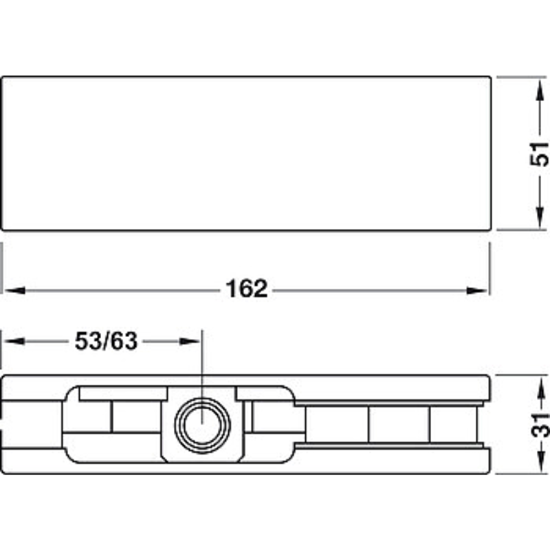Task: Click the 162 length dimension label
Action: [x=247, y=289]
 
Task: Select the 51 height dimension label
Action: [x=540, y=153]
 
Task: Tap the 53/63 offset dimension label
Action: [x=106, y=341]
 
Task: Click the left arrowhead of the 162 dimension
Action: [x=14, y=290]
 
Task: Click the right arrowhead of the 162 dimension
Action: [x=477, y=290]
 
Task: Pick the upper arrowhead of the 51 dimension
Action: [x=540, y=89]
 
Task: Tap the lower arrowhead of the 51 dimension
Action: [x=540, y=218]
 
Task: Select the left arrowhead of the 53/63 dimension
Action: [x=14, y=341]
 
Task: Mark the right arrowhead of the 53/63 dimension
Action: [x=190, y=341]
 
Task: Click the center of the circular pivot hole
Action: [x=202, y=425]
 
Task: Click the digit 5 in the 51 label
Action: [x=540, y=160]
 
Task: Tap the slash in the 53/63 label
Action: [x=106, y=341]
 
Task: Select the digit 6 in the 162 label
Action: [x=247, y=289]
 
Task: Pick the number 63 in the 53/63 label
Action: [x=124, y=341]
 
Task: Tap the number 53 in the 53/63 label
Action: [x=88, y=341]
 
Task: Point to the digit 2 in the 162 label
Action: [x=261, y=289]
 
